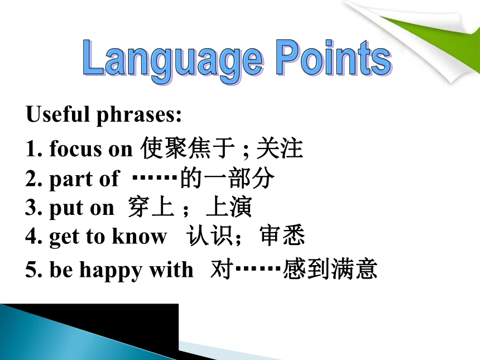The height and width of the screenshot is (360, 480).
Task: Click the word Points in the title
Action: point(334,58)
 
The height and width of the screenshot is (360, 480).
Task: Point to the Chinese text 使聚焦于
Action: point(188,148)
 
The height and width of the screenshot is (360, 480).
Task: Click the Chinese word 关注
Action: point(280,148)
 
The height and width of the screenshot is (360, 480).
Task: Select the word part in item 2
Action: point(70,179)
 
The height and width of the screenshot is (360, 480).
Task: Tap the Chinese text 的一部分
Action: point(228,178)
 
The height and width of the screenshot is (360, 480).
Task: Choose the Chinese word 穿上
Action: point(151,207)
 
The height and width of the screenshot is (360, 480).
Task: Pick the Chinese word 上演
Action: point(229,207)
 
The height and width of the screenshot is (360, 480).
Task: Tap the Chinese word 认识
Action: point(210,235)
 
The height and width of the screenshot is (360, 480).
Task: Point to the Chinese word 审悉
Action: point(282,235)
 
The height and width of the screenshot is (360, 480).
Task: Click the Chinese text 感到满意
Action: point(330,269)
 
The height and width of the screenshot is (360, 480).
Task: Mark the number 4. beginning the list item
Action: point(34,236)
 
